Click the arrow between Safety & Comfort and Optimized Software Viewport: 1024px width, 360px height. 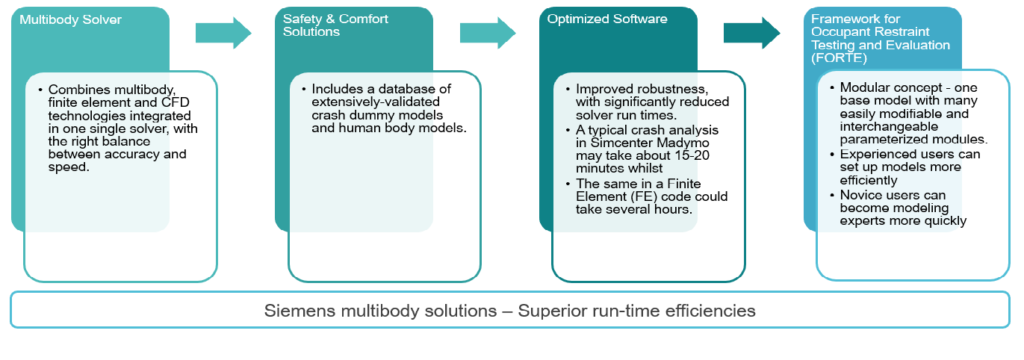tap(489, 32)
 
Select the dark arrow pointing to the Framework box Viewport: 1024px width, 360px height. tap(752, 32)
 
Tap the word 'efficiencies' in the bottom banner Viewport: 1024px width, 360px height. tap(710, 310)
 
